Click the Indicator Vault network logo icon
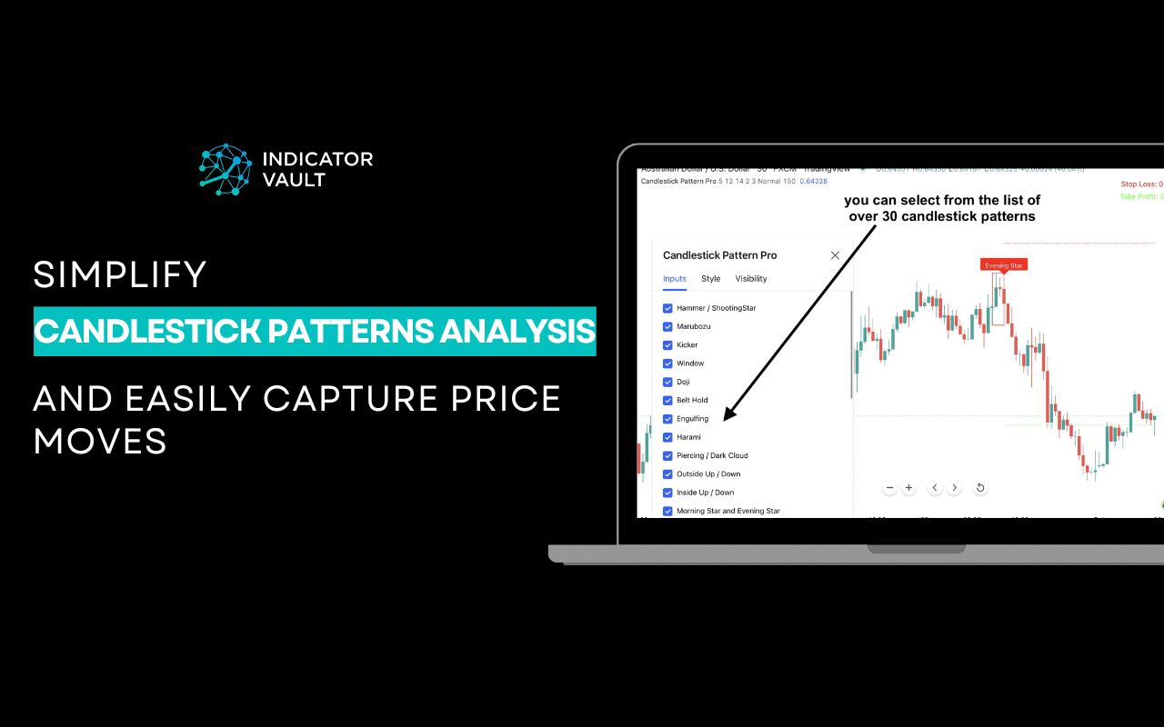click(x=226, y=169)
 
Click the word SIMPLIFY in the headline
click(x=120, y=274)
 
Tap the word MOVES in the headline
click(x=100, y=441)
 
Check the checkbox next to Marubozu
click(x=667, y=326)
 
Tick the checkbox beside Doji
click(x=667, y=382)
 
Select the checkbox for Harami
click(x=667, y=437)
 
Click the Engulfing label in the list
click(x=692, y=419)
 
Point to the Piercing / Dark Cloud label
click(x=712, y=455)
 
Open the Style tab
click(x=710, y=279)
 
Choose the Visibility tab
click(x=751, y=279)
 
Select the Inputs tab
click(x=675, y=279)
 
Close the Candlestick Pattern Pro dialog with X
click(x=835, y=255)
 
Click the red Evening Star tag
click(x=1004, y=265)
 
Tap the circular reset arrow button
click(x=980, y=488)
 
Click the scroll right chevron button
click(x=954, y=488)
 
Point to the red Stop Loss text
click(x=1141, y=184)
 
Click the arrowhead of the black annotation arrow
click(x=727, y=418)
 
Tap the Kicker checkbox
click(x=667, y=345)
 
